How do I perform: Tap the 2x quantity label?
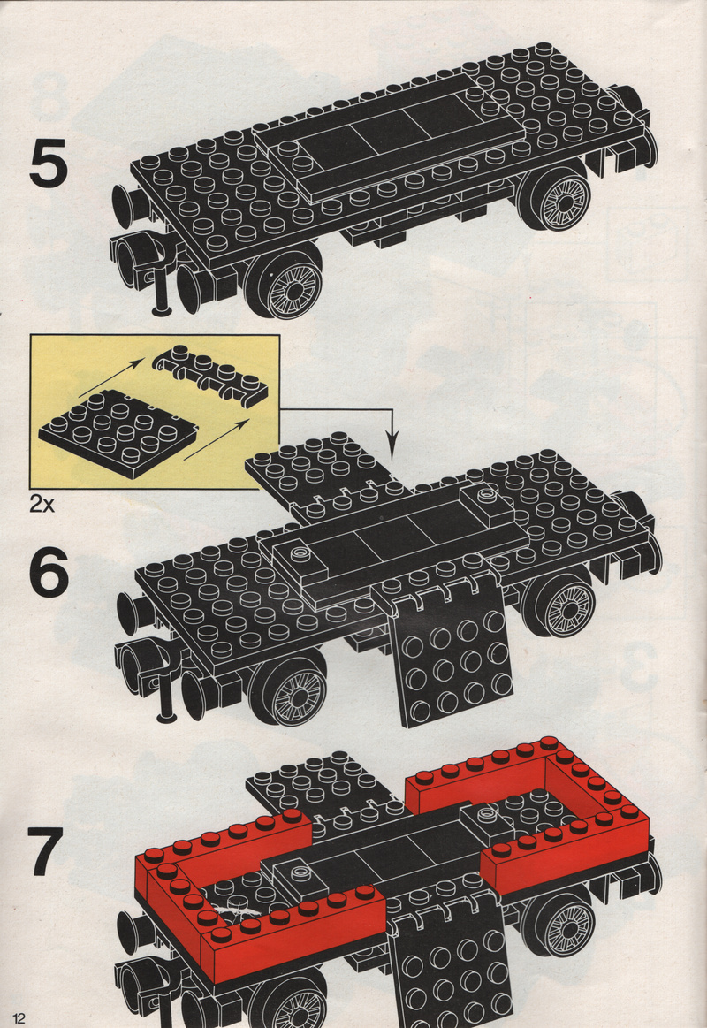[x=42, y=504]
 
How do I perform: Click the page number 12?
[x=17, y=1017]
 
